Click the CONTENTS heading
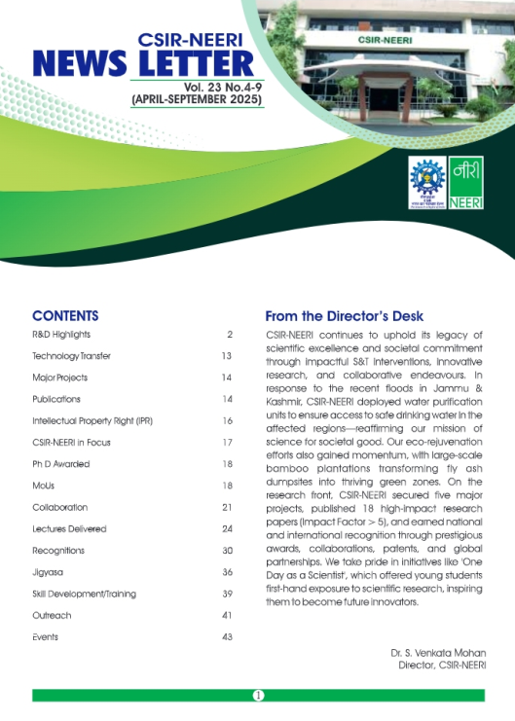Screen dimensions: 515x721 coord(65,316)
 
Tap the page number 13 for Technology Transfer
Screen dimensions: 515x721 coord(226,356)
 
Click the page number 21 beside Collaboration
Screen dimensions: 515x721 coord(226,508)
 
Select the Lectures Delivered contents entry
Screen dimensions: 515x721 coord(69,529)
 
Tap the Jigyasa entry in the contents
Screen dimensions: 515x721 coord(48,572)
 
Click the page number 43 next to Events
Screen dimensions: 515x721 coord(226,637)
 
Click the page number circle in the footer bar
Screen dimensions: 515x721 coord(258,695)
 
